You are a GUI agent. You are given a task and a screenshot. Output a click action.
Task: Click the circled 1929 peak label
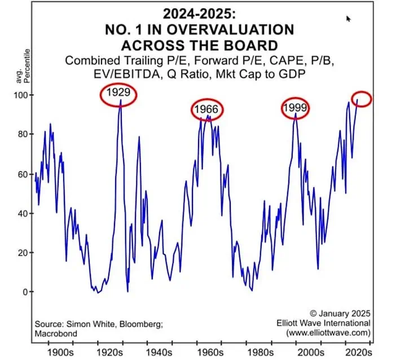[119, 95]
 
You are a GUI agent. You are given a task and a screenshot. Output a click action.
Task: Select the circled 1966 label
[207, 109]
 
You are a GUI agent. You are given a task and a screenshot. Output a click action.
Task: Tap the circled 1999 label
[295, 107]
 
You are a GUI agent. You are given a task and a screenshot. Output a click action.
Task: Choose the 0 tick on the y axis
[23, 292]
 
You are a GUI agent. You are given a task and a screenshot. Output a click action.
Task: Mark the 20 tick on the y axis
[21, 252]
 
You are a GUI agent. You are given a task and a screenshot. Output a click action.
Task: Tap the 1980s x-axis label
[258, 350]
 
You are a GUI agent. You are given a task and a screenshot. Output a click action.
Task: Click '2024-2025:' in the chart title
[199, 12]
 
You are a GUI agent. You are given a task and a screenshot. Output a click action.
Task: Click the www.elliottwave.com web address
[328, 333]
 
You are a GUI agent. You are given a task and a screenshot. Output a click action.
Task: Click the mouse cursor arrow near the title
[348, 19]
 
